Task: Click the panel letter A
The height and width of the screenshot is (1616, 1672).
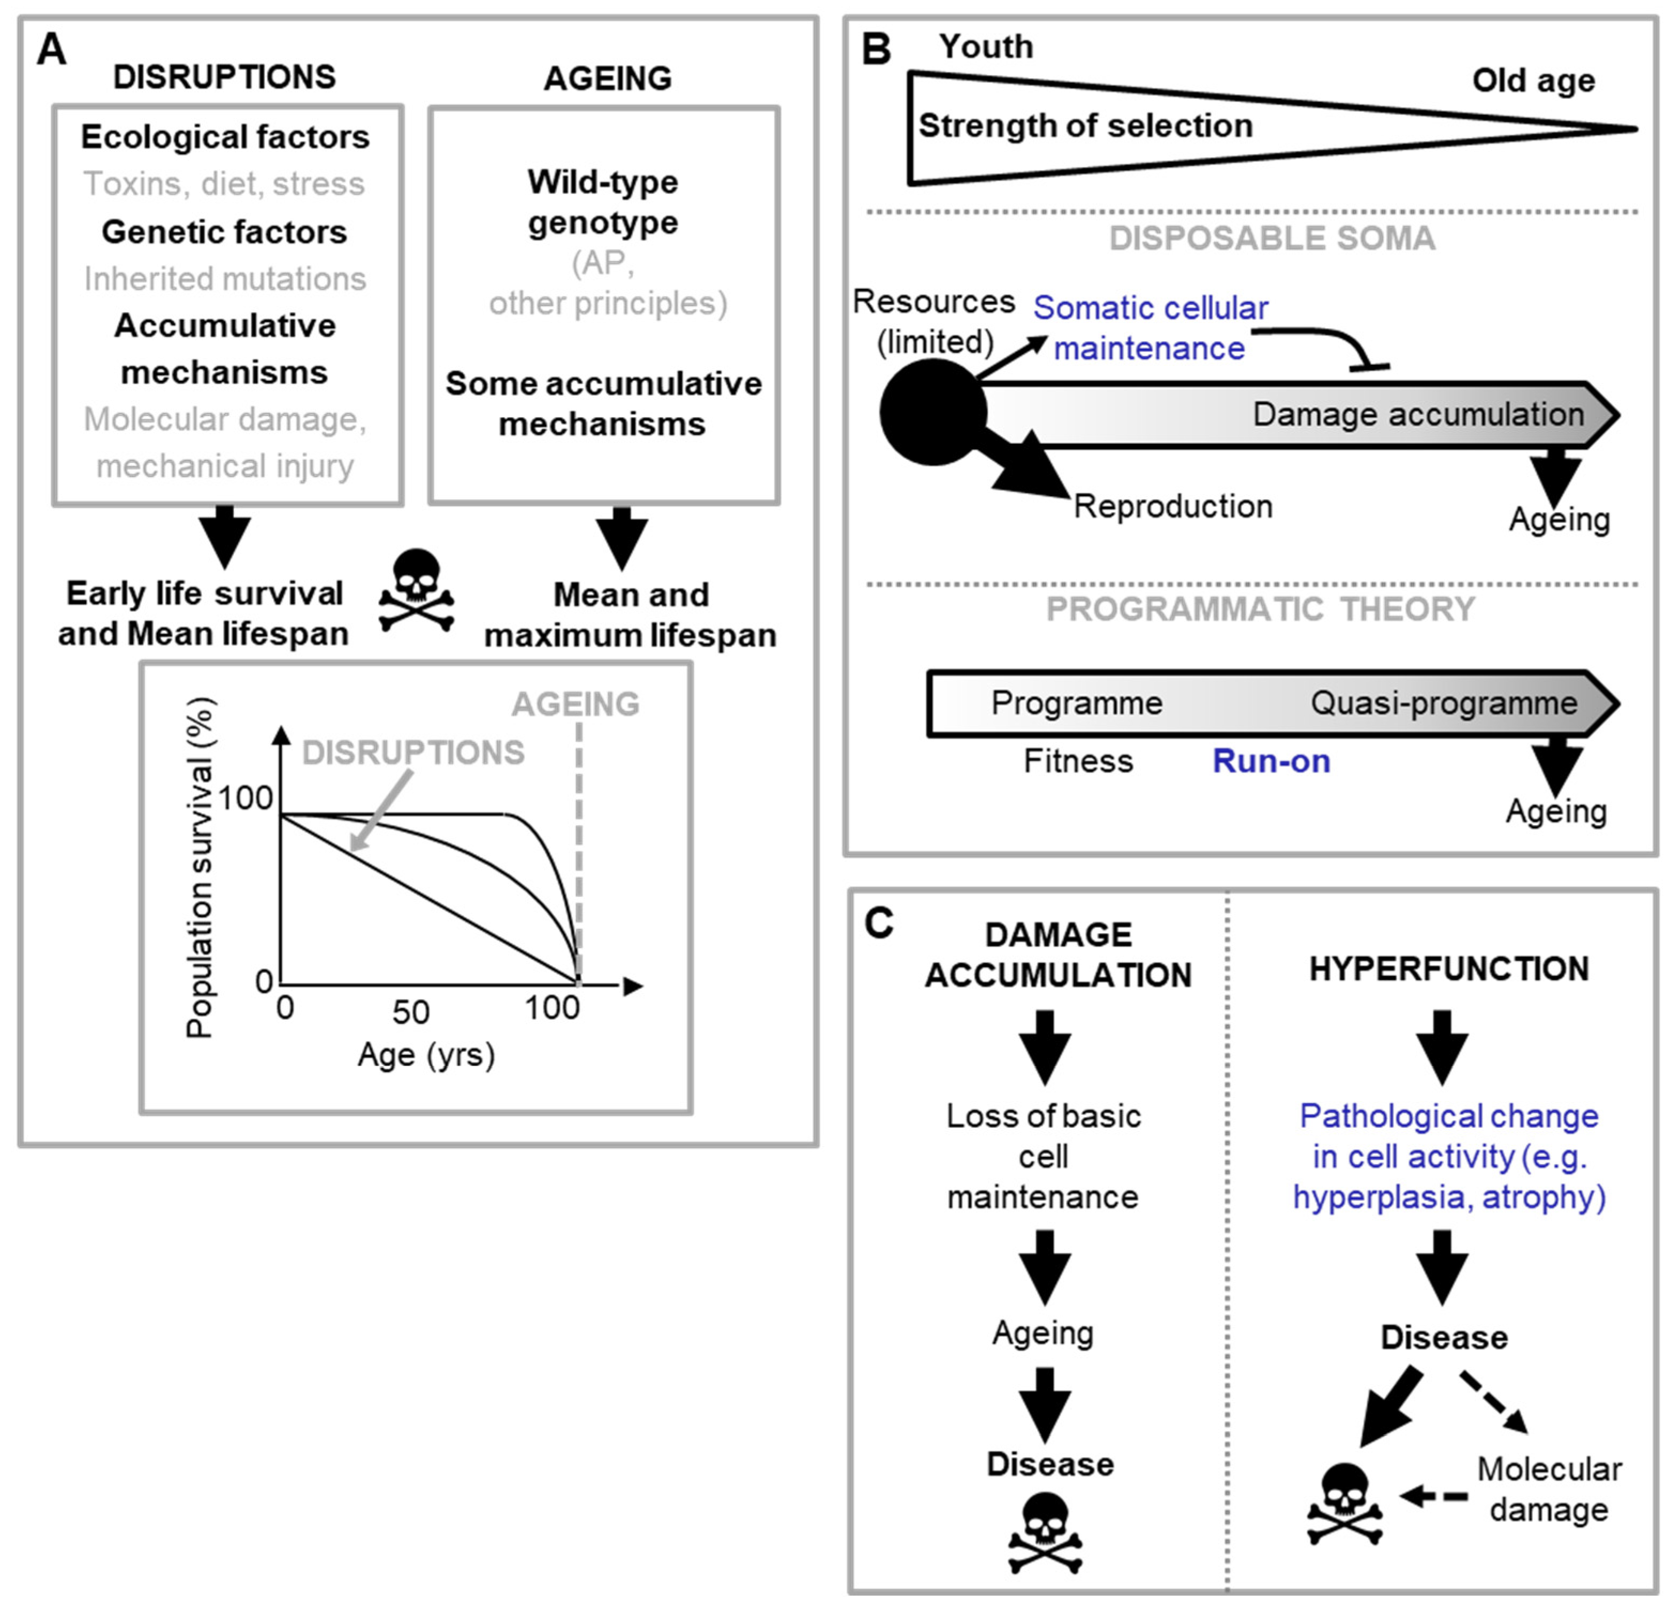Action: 51,49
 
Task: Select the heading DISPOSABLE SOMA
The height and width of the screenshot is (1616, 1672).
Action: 1272,239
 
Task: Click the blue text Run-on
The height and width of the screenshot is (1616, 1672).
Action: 1271,760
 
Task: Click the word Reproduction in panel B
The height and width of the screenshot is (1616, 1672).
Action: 1172,506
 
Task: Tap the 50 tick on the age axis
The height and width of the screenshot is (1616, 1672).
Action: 410,1012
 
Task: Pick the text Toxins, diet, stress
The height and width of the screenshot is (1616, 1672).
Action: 224,184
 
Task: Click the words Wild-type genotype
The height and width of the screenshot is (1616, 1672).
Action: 603,202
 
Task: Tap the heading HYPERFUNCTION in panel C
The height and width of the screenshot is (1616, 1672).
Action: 1448,969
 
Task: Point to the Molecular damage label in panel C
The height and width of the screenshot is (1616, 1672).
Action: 1548,1489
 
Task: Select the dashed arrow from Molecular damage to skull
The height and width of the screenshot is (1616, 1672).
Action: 1435,1496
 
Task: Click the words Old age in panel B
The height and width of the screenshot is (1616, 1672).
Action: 1533,81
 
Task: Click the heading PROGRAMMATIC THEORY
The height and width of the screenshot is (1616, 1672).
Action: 1260,610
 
